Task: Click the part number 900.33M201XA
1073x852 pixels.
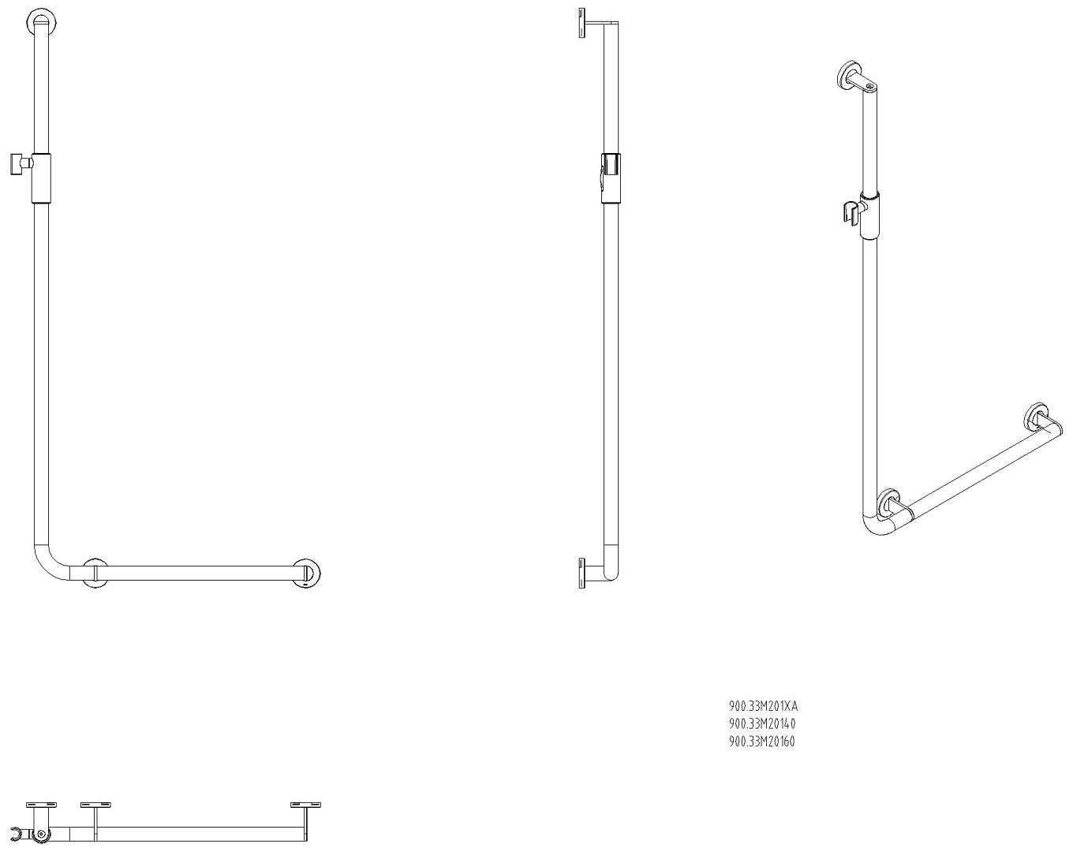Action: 763,706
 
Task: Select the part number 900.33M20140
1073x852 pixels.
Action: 762,723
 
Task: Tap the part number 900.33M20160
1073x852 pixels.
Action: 762,742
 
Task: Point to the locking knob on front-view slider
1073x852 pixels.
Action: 21,164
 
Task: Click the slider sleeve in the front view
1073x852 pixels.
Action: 41,178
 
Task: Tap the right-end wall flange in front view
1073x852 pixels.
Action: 306,574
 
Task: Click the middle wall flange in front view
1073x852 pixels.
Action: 95,574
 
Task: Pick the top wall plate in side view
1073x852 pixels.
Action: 582,22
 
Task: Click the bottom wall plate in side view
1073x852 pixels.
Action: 582,574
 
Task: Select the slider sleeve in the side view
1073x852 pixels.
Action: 611,178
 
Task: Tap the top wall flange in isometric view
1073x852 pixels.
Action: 849,76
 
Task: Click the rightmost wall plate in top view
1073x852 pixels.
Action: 305,805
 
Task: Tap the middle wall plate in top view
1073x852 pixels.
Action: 95,805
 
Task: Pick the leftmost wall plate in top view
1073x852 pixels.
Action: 41,805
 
